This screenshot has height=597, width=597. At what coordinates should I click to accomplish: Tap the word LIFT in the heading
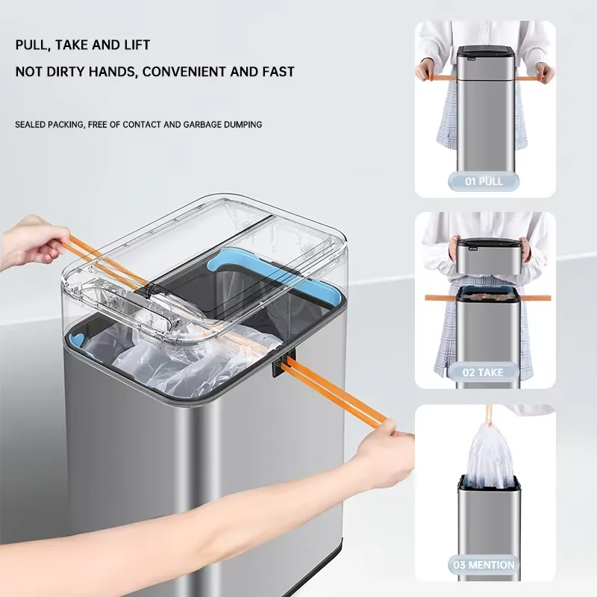(x=137, y=45)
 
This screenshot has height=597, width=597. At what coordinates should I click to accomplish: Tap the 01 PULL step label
(x=484, y=181)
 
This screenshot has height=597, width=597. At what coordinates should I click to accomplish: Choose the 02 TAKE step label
(x=483, y=372)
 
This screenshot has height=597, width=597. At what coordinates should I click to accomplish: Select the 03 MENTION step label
(x=484, y=565)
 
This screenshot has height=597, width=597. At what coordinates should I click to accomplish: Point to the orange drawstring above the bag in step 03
(x=490, y=414)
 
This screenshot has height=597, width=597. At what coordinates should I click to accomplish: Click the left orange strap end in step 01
(x=437, y=78)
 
